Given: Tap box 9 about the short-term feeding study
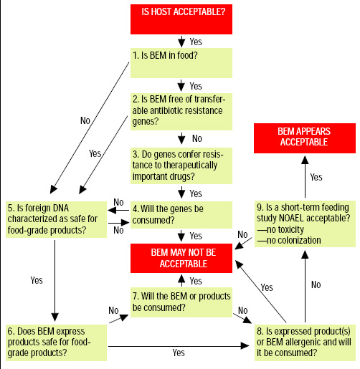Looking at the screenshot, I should click(304, 224).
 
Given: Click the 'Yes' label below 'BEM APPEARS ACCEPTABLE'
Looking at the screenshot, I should click(316, 176).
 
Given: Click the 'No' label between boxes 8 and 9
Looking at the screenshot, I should click(316, 284).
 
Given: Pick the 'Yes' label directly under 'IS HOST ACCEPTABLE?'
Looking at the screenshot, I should click(196, 42).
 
